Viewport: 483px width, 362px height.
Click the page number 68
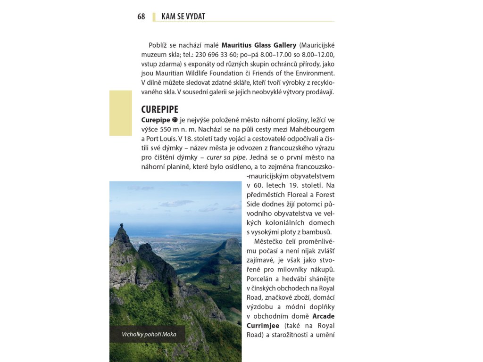click(141, 16)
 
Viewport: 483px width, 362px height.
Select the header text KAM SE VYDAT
click(183, 16)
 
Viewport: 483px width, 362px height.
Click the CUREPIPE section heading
click(160, 109)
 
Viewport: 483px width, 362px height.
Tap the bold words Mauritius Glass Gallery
click(259, 45)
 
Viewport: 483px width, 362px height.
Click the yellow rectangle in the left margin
click(121, 113)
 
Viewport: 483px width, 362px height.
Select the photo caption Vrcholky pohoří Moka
click(149, 334)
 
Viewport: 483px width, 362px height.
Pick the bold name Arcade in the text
click(324, 316)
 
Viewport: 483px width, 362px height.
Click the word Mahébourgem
click(315, 129)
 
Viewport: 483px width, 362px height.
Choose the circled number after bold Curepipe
click(175, 120)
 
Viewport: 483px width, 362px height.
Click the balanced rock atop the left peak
click(121, 226)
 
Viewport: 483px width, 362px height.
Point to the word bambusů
click(318, 232)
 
